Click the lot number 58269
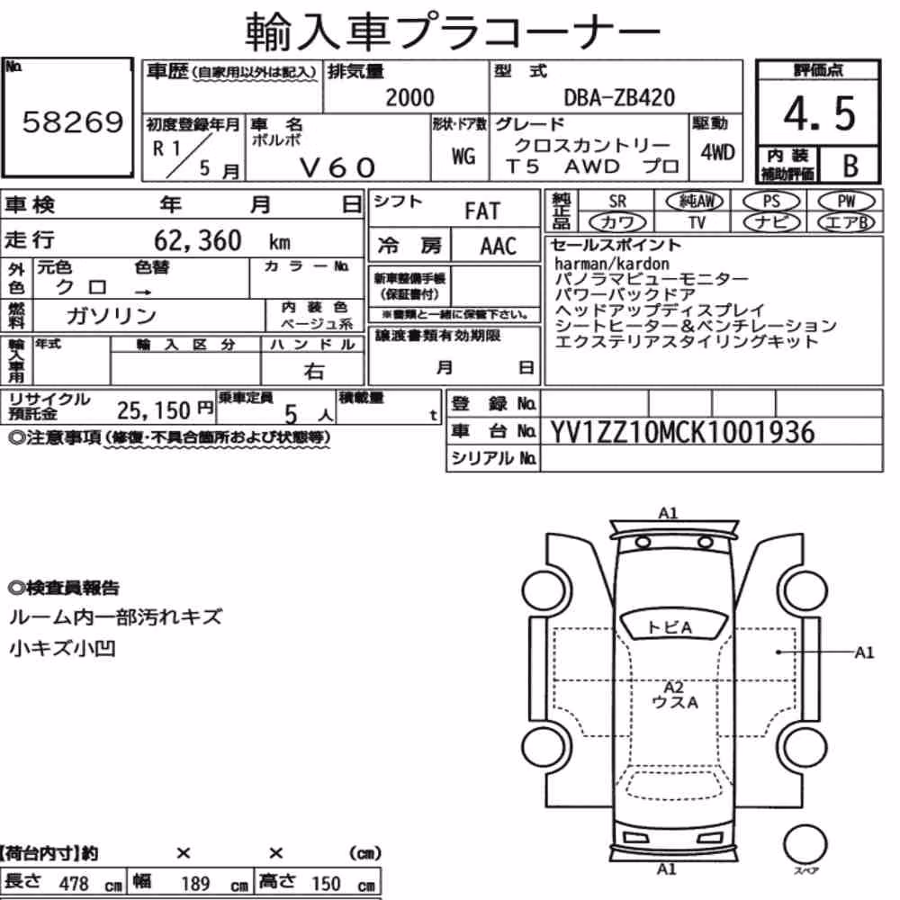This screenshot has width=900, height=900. point(73,121)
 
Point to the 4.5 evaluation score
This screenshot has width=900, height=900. point(819,113)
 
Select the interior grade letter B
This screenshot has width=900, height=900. point(850,166)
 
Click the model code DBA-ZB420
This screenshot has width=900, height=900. point(619,97)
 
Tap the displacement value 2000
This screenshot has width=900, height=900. point(409,97)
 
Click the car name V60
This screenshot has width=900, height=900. point(337,167)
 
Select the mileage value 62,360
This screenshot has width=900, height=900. point(197,240)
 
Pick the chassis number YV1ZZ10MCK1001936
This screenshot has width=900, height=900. point(682,432)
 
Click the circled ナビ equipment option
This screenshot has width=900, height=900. point(771,222)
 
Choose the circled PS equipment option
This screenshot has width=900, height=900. point(771,202)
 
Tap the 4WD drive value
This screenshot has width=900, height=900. point(717,153)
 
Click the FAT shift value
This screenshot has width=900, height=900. point(482,211)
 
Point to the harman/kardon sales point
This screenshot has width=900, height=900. point(612,264)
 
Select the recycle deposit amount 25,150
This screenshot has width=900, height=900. point(153,410)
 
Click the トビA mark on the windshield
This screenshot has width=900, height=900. point(670,627)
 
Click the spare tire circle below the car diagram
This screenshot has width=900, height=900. point(805,845)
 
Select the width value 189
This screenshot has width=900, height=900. point(195,883)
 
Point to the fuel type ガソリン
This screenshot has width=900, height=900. point(111,315)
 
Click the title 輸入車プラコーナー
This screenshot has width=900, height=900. point(454,32)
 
